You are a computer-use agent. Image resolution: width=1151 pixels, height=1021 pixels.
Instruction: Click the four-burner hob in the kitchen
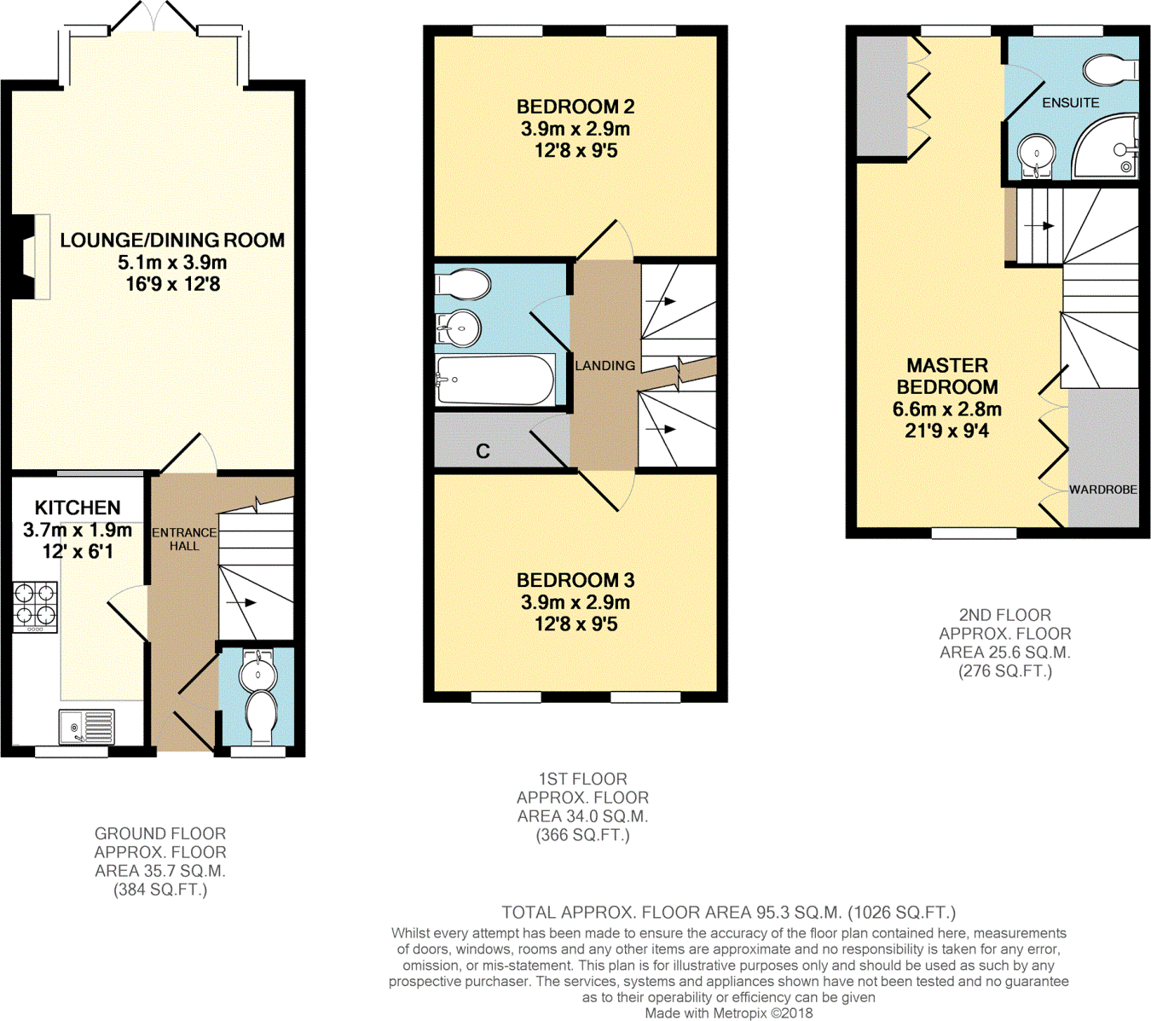tap(35, 606)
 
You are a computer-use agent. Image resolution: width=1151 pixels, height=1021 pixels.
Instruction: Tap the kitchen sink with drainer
tap(86, 727)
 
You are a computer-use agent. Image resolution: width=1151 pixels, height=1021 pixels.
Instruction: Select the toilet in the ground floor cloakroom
tap(262, 716)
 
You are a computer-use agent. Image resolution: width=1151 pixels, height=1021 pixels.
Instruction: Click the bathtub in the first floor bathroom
tap(495, 380)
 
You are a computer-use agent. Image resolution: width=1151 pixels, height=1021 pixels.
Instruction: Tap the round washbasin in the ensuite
tap(1037, 155)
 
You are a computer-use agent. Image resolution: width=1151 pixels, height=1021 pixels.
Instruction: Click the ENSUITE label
tap(1070, 103)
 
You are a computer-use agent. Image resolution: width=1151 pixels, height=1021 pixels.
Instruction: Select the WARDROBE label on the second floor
tap(1103, 490)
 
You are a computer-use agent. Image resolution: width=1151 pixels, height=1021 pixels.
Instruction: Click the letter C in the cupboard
tap(483, 451)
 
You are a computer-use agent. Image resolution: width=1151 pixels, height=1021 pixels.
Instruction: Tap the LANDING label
tap(605, 366)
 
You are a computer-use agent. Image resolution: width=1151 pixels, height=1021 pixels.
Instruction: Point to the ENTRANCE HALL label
tap(184, 539)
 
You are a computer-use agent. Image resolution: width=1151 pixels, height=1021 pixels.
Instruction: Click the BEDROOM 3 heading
tap(575, 580)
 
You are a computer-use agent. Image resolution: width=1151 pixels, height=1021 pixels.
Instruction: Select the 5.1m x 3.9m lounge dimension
tap(172, 263)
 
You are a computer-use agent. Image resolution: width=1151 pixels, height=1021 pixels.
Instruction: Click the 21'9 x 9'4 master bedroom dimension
tap(947, 431)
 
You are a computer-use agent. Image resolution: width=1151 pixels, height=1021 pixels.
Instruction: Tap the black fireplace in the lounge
tap(23, 257)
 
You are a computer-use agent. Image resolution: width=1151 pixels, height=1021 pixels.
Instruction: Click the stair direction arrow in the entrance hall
tap(241, 602)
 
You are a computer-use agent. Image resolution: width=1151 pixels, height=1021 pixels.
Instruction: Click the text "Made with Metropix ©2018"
tap(729, 1012)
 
